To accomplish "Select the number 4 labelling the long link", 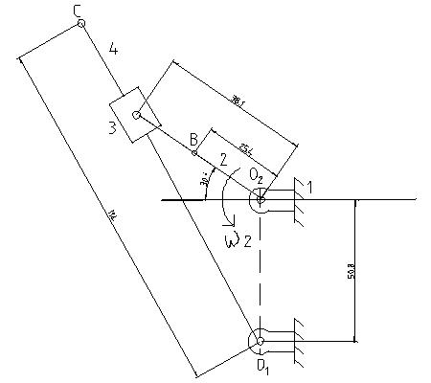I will coord(113,47).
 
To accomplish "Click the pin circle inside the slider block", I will coord(137,116).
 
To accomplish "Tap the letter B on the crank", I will coord(193,140).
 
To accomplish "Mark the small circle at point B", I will coord(195,152).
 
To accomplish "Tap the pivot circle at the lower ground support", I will coord(259,340).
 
